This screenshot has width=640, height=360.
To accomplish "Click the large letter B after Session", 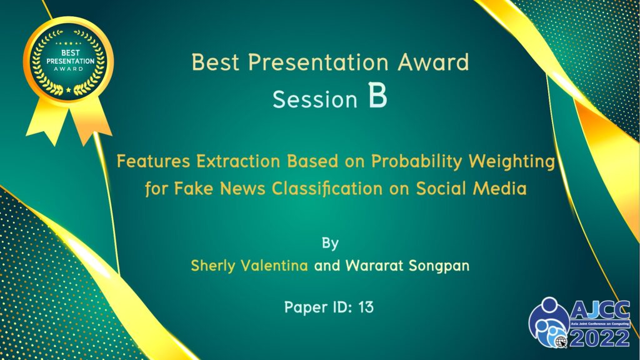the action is [377, 95].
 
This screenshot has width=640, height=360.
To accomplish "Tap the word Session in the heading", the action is [315, 99].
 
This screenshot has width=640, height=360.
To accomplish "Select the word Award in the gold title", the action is [434, 62].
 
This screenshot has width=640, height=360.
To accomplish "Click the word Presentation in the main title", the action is [318, 62].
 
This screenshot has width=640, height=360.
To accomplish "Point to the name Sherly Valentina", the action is [249, 266].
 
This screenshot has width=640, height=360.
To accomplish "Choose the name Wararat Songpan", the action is [407, 266].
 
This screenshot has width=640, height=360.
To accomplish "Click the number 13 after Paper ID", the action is [366, 307].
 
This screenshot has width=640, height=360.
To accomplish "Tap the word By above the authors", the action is [330, 243].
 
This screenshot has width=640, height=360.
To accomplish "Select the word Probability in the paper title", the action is [416, 162].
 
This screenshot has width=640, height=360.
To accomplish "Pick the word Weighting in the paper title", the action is [512, 162].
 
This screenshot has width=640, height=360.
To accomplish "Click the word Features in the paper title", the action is [154, 161].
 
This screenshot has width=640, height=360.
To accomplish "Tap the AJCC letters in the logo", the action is [600, 311].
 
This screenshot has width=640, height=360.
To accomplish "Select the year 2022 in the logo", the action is [600, 337].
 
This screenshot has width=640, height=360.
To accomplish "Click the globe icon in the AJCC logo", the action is [561, 341].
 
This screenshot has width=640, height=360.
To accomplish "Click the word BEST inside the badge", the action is [70, 52].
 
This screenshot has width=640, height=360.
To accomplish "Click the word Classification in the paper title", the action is [327, 189].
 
